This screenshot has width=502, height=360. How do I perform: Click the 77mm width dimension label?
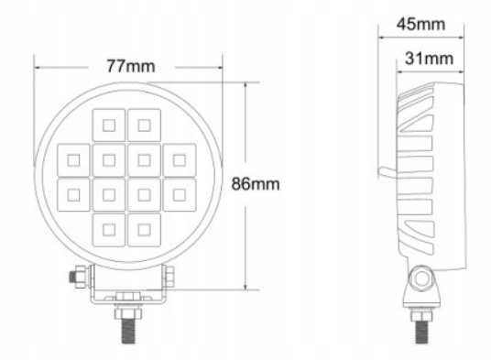(x=131, y=66)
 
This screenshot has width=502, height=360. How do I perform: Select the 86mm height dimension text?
(x=256, y=184)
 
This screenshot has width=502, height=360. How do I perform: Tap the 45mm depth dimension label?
(x=420, y=24)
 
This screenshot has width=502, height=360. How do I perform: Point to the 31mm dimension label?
(x=429, y=59)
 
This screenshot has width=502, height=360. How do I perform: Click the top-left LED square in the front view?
(x=109, y=125)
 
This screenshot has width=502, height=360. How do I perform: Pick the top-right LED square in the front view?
(x=145, y=125)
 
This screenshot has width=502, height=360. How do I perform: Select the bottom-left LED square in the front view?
(x=109, y=230)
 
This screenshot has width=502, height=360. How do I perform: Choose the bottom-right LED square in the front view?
(x=145, y=230)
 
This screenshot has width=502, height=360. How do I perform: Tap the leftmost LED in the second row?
(x=73, y=160)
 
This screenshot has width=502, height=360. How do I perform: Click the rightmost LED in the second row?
(x=180, y=160)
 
